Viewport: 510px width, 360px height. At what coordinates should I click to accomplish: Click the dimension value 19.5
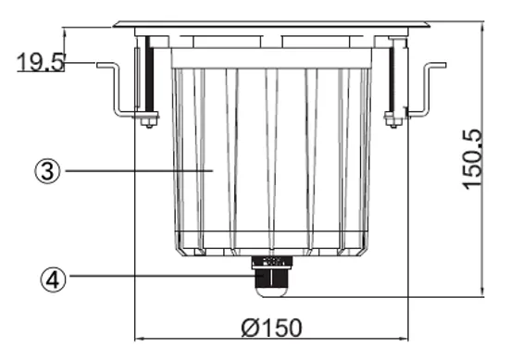click(x=40, y=62)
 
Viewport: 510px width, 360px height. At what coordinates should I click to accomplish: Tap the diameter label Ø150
click(x=268, y=326)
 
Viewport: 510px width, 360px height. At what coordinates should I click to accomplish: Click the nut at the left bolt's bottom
click(x=146, y=118)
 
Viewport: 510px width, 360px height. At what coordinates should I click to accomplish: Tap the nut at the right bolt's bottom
click(x=394, y=118)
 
